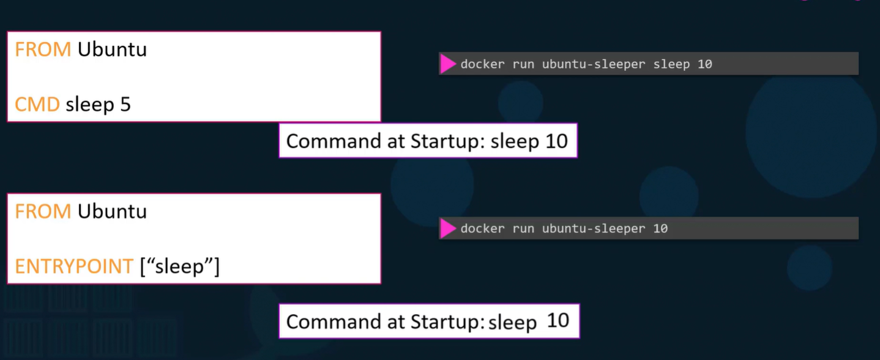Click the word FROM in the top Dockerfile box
pos(43,50)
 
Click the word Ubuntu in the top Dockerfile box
pos(112,50)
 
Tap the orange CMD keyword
pos(37,105)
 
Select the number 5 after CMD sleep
pos(125,105)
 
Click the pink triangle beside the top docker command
pos(448,64)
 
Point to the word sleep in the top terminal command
pos(671,64)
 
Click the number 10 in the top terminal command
pos(705,64)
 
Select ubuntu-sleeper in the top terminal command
pos(594,64)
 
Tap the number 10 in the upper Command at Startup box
pos(556,141)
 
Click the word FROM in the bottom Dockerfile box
pos(43,211)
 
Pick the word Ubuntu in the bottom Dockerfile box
pos(112,211)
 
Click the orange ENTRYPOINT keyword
pos(74,266)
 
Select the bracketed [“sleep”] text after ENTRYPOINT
pos(179,267)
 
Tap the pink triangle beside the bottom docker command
pos(448,228)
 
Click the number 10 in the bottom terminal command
pos(660,228)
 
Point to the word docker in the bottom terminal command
pos(482,228)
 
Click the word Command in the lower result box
pos(334,321)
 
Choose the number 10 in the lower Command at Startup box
pos(558,321)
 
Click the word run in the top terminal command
pos(523,64)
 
